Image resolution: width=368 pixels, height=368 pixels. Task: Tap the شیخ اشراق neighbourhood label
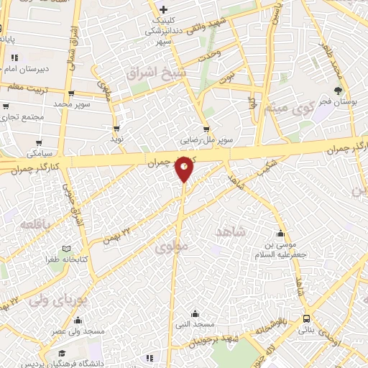[156, 73]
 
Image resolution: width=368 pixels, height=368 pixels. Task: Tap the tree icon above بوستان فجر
[339, 90]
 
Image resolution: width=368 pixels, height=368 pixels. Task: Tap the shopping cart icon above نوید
[116, 128]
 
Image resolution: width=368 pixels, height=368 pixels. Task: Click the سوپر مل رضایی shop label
[207, 141]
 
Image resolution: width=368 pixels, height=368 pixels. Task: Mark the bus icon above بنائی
[307, 318]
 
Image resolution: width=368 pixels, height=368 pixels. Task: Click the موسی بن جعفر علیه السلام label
[282, 249]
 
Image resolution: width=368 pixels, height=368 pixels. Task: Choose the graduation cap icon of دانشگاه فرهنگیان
[63, 354]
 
